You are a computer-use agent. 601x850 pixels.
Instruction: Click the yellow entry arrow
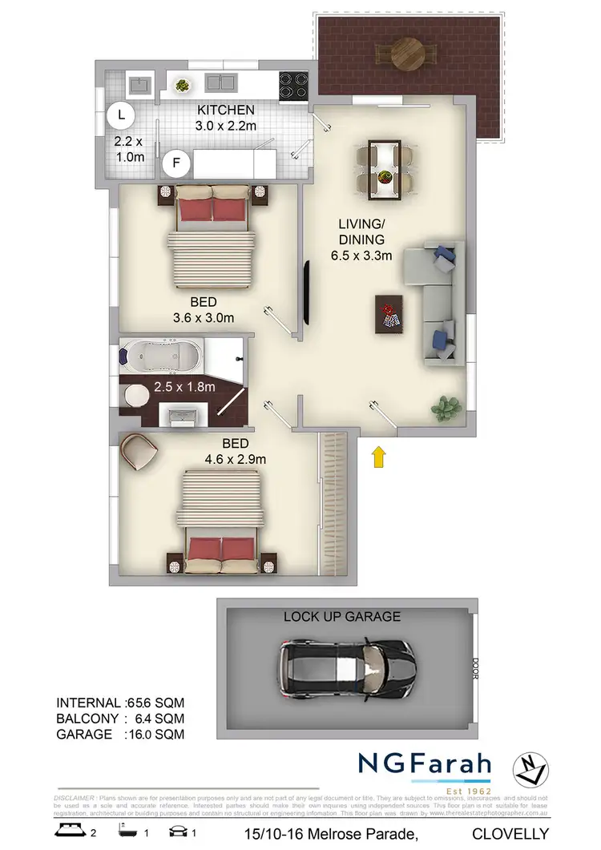click(x=379, y=457)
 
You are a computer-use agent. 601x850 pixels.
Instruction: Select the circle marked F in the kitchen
click(x=175, y=165)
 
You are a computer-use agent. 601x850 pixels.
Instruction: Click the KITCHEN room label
click(x=226, y=110)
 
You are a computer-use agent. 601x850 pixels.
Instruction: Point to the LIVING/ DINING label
click(x=361, y=232)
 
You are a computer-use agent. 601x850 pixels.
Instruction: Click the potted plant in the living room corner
click(x=447, y=405)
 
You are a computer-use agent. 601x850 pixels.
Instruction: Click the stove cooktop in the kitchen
click(x=290, y=82)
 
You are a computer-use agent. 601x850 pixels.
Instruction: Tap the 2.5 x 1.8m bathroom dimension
click(x=185, y=386)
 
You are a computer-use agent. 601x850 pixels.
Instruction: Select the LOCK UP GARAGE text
click(x=342, y=617)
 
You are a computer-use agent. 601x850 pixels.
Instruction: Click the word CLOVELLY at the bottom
click(x=510, y=833)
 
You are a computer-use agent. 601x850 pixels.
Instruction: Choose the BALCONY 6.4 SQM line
click(x=121, y=718)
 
